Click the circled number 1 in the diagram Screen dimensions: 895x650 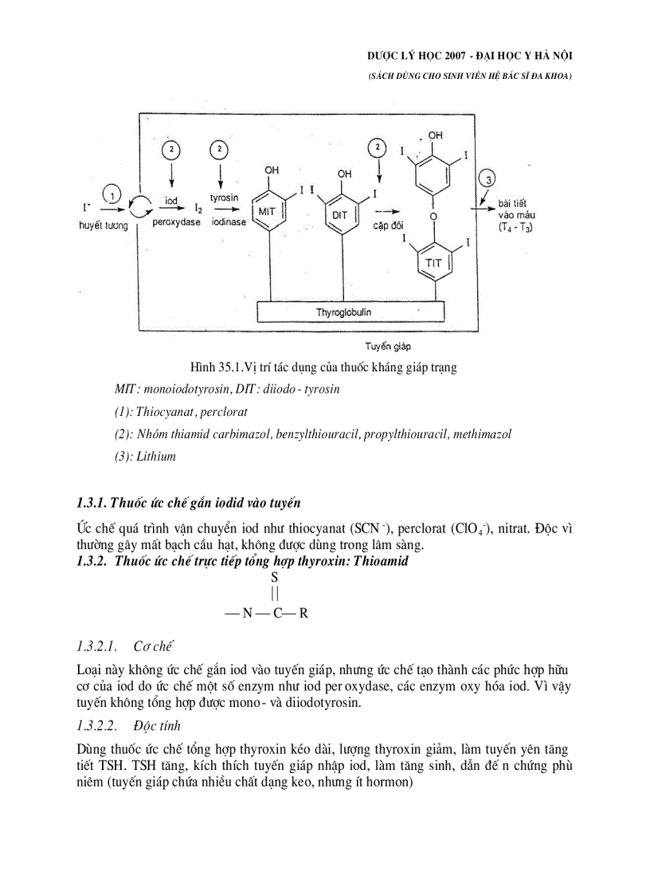114,194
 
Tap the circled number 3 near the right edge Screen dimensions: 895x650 489,179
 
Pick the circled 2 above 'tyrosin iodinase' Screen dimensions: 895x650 218,150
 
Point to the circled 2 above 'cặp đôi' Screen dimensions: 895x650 378,148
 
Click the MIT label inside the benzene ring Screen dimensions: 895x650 266,211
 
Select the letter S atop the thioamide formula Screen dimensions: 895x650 274,576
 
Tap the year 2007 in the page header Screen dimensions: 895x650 456,55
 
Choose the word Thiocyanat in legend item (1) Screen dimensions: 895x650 163,412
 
